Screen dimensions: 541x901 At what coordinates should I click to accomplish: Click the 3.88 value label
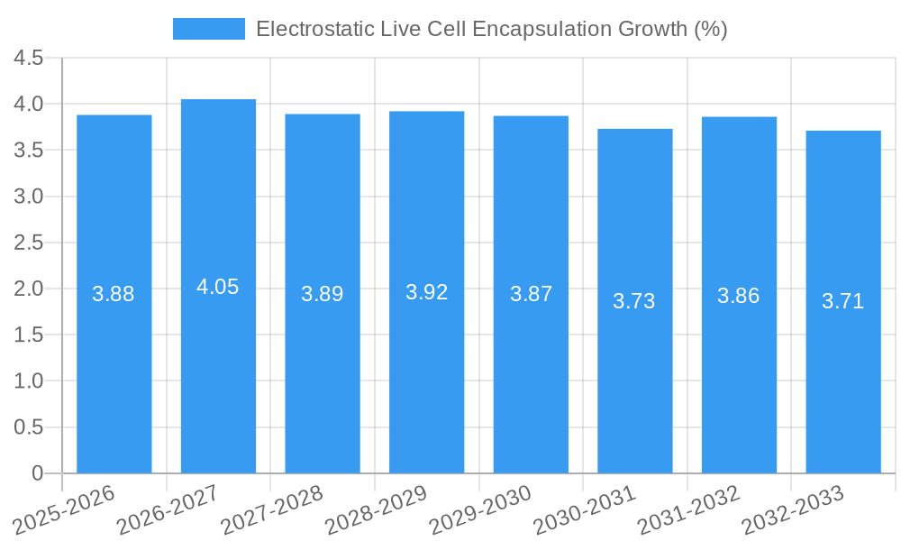pyautogui.click(x=114, y=294)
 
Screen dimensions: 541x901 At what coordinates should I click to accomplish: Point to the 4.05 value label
pyautogui.click(x=218, y=287)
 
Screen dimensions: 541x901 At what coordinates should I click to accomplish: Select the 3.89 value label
pyautogui.click(x=323, y=294)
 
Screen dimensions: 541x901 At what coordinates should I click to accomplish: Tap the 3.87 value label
pyautogui.click(x=531, y=294)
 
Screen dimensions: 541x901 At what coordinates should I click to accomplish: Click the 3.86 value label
pyautogui.click(x=739, y=295)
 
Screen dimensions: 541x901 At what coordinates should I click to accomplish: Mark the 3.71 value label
pyautogui.click(x=843, y=301)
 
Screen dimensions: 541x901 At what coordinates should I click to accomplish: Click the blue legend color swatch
pyautogui.click(x=208, y=29)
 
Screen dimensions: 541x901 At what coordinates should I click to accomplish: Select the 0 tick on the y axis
pyautogui.click(x=37, y=473)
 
